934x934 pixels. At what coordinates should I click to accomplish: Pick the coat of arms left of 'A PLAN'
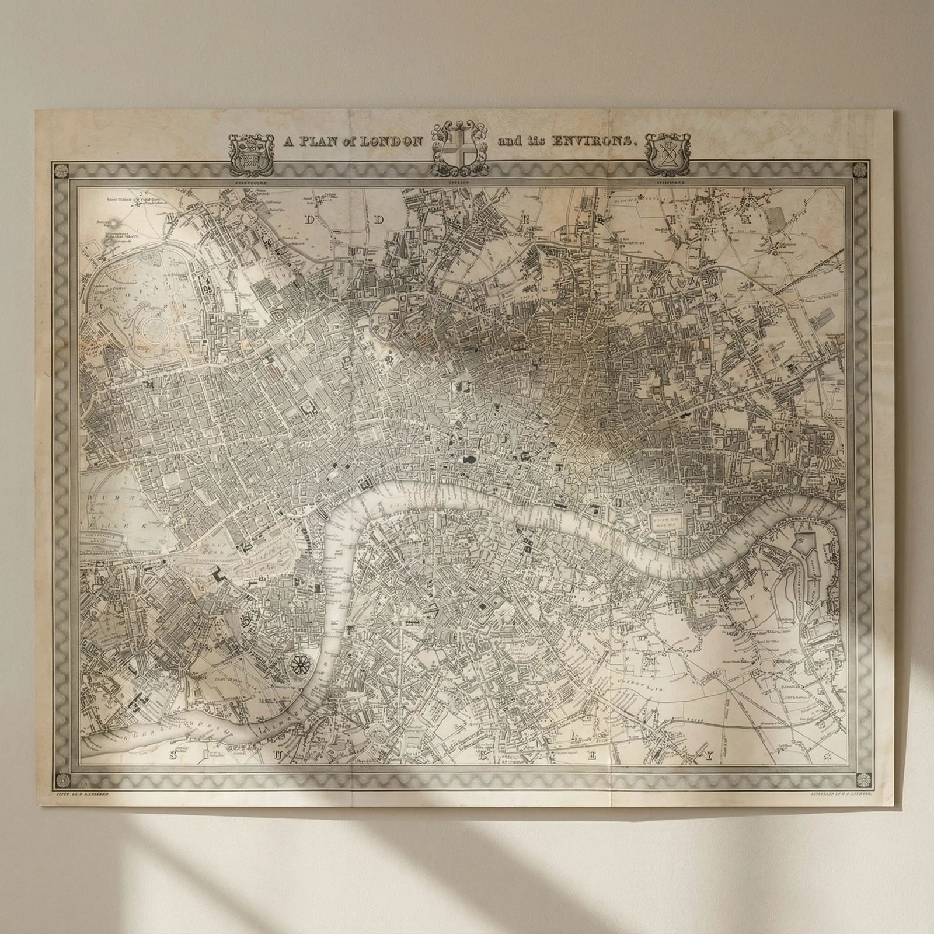[250, 154]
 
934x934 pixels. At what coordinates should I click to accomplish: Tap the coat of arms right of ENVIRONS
[666, 154]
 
